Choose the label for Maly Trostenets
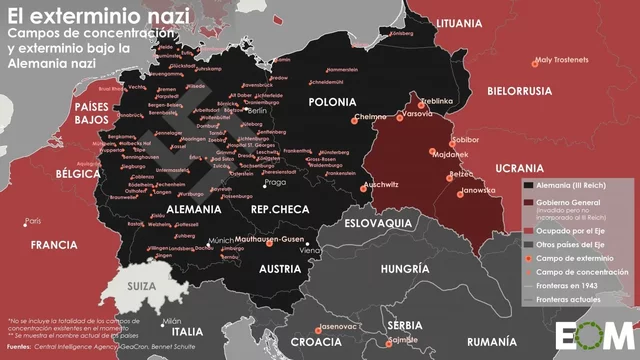pos(562,60)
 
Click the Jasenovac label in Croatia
pos(340,327)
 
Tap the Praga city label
pos(274,184)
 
